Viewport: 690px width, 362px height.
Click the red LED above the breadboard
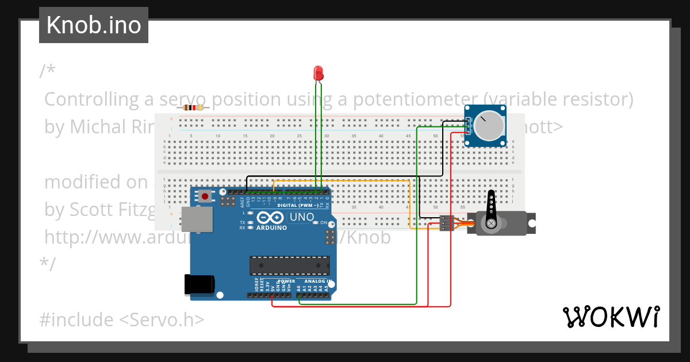(x=319, y=74)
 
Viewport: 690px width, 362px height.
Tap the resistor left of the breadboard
(x=193, y=107)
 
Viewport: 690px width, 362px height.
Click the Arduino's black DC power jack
(x=199, y=286)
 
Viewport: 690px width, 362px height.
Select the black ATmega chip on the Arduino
(x=289, y=265)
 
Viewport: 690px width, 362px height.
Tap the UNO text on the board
(x=301, y=217)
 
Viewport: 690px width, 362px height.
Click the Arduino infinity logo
(x=270, y=218)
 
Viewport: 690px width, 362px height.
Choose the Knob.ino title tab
(x=94, y=25)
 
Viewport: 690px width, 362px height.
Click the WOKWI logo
(x=611, y=317)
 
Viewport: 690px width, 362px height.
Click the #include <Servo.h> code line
(x=122, y=319)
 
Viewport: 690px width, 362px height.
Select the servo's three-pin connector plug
(x=447, y=224)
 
